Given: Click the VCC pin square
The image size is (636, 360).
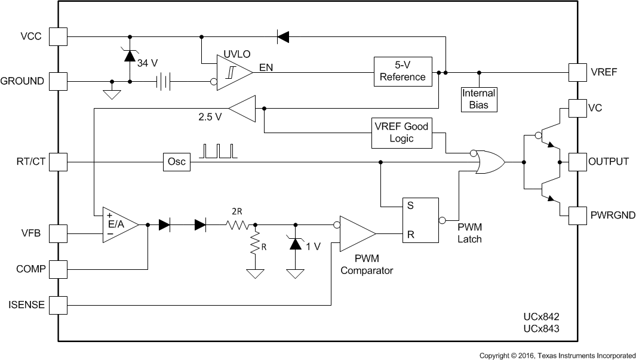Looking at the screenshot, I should pos(58,36).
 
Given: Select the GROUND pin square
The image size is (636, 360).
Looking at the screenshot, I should pos(58,81).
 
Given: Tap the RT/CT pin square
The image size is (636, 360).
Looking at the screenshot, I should pos(58,162).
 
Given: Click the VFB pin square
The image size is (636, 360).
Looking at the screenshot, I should pos(58,233).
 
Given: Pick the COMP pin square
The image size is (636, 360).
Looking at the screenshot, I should pos(58,269).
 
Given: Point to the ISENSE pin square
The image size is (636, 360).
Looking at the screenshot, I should pos(58,305).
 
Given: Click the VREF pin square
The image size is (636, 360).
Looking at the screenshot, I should pos(577,72).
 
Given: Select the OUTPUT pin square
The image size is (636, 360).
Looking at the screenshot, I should pos(577,162).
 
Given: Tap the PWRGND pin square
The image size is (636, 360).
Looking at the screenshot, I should pos(577,216).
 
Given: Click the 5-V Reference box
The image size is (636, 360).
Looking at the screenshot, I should pos(403,72).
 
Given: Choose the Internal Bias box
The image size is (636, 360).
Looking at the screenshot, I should pos(479,99).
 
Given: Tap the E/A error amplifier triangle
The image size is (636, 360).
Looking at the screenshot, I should pos(118,224).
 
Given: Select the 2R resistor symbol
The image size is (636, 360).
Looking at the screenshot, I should pos(237,225).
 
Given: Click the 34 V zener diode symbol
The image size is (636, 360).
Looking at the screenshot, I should pos(130,56).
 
